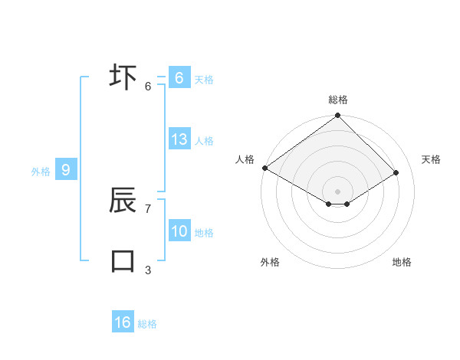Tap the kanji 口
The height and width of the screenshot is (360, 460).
click(123, 260)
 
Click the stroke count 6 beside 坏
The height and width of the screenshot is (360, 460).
click(148, 86)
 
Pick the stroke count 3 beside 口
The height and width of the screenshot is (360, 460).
click(148, 269)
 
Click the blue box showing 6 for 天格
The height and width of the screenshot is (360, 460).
click(179, 78)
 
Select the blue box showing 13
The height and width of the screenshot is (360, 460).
click(179, 139)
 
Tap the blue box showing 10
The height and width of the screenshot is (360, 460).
click(179, 231)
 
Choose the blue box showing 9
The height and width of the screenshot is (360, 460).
click(66, 170)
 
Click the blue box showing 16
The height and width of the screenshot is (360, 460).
click(123, 322)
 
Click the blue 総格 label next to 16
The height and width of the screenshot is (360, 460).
click(147, 324)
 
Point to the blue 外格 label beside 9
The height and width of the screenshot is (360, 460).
click(41, 172)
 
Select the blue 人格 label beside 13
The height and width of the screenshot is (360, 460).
click(204, 141)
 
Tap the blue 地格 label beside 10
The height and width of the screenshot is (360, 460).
click(204, 233)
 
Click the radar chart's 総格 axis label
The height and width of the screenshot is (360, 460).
click(337, 100)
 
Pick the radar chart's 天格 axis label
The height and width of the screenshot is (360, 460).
click(431, 159)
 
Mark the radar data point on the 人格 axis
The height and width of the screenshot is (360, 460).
click(264, 168)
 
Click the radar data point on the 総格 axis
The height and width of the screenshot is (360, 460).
click(337, 116)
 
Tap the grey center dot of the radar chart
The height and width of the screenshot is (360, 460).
click(337, 191)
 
